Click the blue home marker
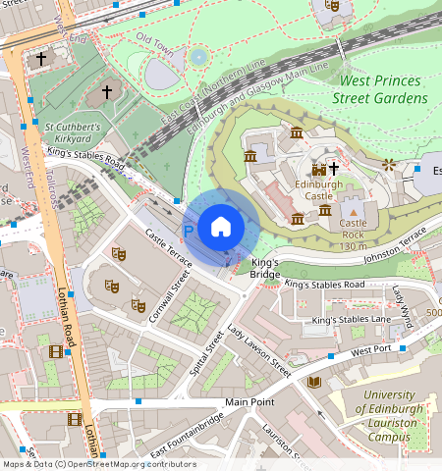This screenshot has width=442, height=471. (221, 227)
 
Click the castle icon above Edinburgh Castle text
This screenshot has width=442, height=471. (317, 169)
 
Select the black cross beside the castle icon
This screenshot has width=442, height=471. (334, 169)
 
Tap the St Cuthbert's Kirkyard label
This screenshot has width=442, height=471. (85, 132)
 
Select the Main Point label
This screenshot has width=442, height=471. (249, 402)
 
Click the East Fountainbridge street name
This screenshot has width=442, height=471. (188, 435)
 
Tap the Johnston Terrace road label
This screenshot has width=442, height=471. (392, 243)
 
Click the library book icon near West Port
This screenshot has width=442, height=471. (314, 382)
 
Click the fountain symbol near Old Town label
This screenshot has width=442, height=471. (198, 57)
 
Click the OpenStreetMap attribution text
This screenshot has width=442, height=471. (98, 464)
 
